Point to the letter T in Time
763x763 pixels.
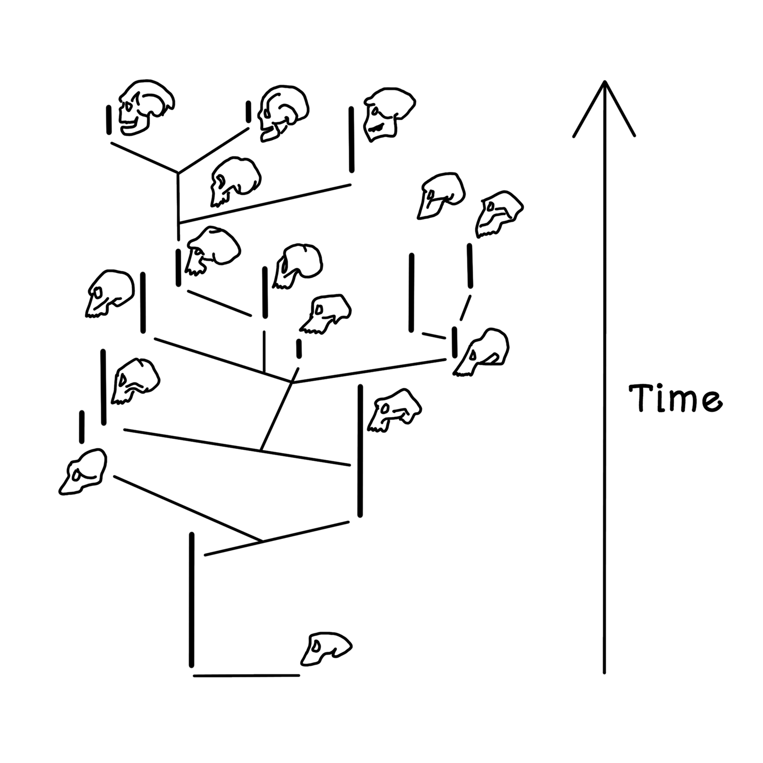(642, 398)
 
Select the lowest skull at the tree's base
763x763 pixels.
(326, 648)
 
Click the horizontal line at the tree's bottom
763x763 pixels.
(246, 676)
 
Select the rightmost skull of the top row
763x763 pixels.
(388, 114)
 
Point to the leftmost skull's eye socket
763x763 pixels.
(77, 474)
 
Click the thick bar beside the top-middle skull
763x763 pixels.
(248, 112)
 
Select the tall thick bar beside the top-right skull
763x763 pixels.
(351, 139)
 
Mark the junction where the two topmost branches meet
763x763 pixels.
(178, 172)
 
